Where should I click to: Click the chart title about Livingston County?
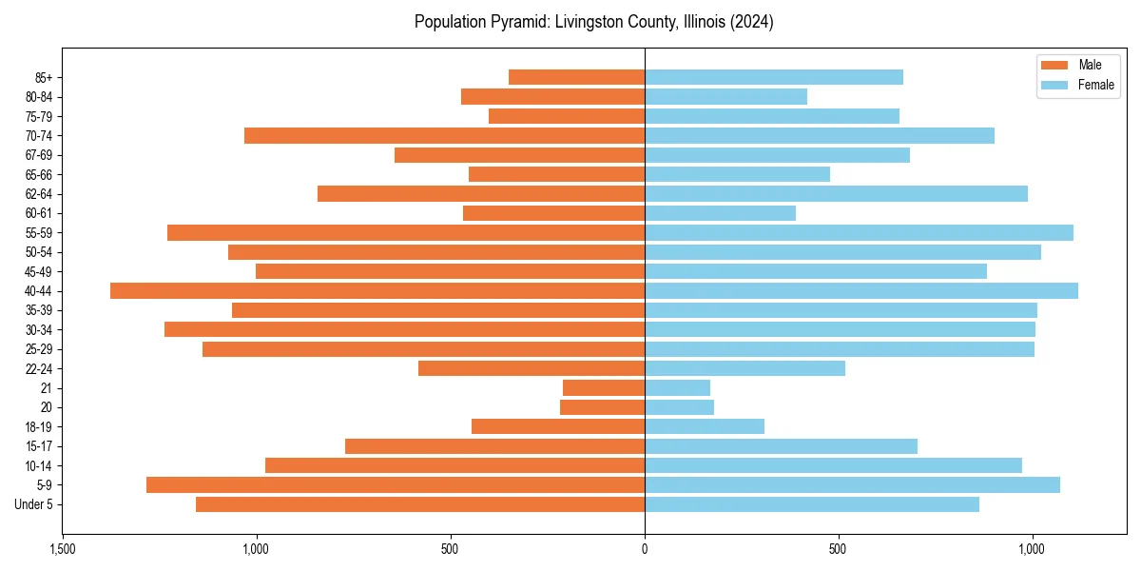coord(593,22)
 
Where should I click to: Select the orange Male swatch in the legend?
coord(1054,65)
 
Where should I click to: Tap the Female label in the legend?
coord(1095,85)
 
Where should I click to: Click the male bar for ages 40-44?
coord(377,290)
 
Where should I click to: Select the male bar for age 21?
coord(604,387)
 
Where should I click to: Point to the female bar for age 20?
coord(679,407)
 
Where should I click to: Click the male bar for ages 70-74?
coord(444,135)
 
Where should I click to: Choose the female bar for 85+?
coord(774,77)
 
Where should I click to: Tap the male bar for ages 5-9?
coord(396,484)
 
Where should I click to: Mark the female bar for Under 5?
coord(812,504)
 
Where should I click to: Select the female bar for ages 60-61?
coord(720,213)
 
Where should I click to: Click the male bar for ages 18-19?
coord(558,426)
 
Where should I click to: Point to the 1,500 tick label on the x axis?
coord(63,549)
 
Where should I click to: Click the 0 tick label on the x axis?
coord(645,549)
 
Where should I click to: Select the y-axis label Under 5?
coord(34,504)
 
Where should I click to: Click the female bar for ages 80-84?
coord(725,96)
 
